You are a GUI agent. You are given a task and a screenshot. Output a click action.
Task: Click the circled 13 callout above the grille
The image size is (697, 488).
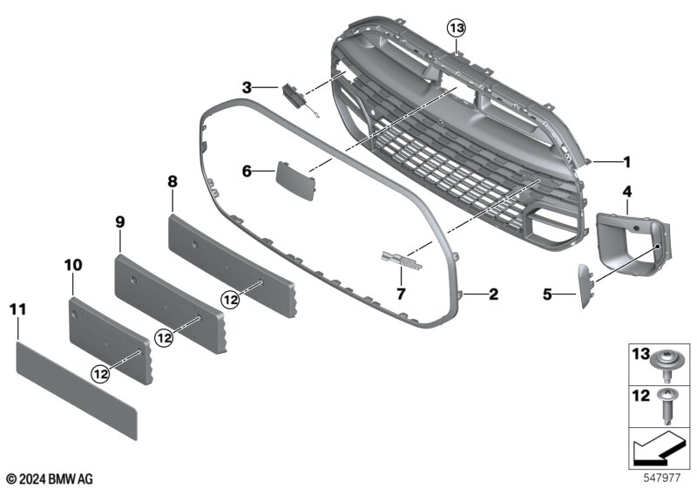click(457, 29)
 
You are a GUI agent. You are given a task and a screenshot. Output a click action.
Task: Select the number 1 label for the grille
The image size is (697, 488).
click(626, 162)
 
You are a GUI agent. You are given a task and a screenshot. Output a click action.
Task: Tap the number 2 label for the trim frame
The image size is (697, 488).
click(493, 294)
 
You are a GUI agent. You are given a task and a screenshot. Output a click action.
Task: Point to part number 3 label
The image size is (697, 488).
click(247, 87)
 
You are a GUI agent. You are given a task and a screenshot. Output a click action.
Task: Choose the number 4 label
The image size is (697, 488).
click(626, 192)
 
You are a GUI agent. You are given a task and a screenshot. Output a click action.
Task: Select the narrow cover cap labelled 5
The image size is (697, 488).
click(585, 286)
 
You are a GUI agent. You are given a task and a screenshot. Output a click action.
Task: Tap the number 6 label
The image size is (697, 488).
click(247, 171)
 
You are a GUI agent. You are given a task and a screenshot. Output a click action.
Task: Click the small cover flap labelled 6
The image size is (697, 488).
click(295, 180)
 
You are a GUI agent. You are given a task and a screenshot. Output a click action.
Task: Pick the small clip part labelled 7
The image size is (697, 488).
click(402, 261)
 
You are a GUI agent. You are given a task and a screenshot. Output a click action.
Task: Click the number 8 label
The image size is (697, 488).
click(173, 181)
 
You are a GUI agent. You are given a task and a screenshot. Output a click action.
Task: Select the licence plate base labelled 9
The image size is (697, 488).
click(170, 303)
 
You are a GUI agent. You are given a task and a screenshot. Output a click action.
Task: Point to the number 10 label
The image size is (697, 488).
click(73, 265)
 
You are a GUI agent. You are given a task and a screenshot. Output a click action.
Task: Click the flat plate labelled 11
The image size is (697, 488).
click(77, 390)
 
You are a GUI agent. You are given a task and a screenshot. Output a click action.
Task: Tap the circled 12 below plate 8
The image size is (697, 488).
click(231, 301)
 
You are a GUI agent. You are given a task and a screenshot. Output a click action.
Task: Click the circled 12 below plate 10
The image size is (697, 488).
click(100, 374)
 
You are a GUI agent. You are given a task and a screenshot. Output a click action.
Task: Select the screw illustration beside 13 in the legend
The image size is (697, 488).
click(664, 365)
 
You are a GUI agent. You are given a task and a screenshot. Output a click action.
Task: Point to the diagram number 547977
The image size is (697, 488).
click(662, 478)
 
